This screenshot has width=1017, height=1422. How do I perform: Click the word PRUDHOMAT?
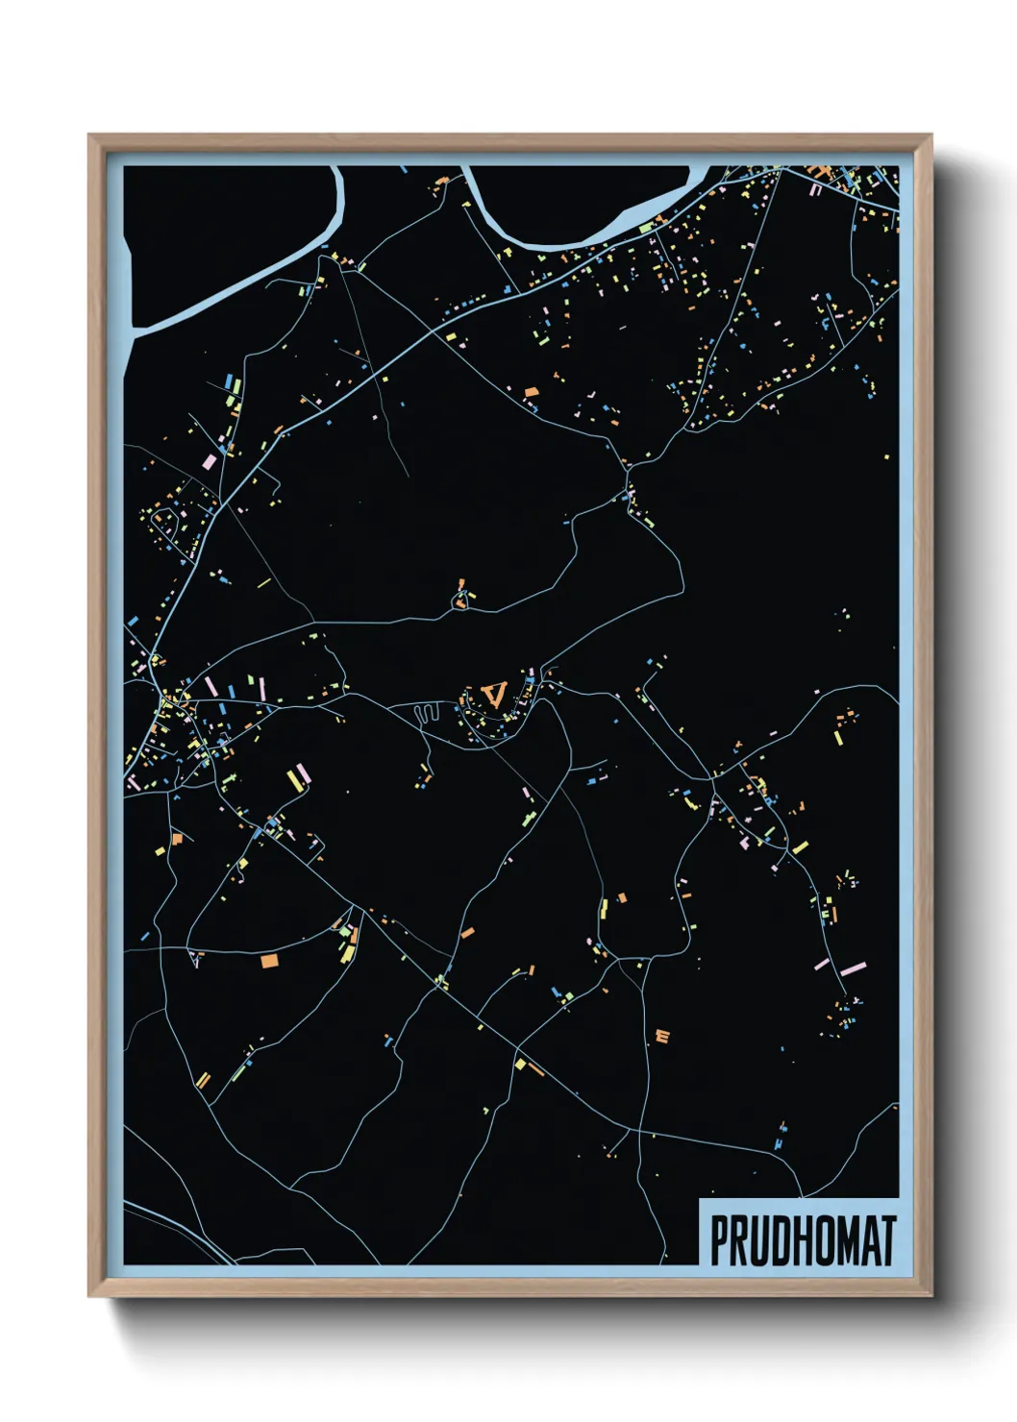803,1240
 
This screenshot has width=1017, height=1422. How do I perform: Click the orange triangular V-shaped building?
495,693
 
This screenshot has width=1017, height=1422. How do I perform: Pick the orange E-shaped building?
661,1036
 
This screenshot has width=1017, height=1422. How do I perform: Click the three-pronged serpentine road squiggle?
426,712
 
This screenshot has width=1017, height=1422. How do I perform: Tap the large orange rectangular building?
269,959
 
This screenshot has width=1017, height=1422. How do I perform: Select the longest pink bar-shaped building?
854,968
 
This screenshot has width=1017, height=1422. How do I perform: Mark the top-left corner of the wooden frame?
89,135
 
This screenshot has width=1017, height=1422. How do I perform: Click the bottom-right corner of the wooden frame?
930,1295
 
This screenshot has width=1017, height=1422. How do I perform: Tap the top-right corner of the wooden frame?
930,135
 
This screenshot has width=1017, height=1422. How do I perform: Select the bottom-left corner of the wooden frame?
89,1295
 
